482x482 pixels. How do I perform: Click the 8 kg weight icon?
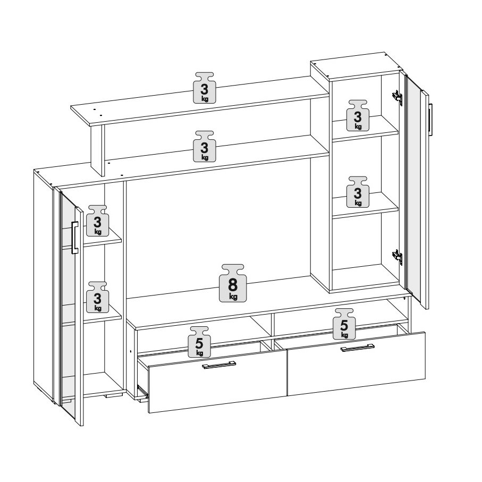pyautogui.click(x=233, y=283)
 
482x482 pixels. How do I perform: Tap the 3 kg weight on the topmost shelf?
pyautogui.click(x=205, y=88)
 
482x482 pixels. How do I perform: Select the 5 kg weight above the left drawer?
pyautogui.click(x=199, y=342)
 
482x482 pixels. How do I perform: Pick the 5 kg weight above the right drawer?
pyautogui.click(x=344, y=324)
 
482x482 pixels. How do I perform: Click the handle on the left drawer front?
pyautogui.click(x=219, y=365)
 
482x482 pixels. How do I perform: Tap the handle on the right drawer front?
pyautogui.click(x=358, y=348)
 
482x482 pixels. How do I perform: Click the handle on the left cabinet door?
pyautogui.click(x=75, y=238)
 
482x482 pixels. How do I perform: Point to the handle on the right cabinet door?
pyautogui.click(x=430, y=119)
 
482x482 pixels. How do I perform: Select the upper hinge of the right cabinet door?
pyautogui.click(x=397, y=97)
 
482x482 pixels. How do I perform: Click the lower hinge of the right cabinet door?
pyautogui.click(x=397, y=257)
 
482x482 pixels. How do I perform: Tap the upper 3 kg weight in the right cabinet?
pyautogui.click(x=358, y=115)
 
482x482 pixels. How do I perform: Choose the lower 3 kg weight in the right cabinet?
pyautogui.click(x=358, y=192)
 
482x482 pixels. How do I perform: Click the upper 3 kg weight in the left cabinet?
pyautogui.click(x=97, y=221)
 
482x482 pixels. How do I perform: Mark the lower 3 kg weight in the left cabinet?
pyautogui.click(x=97, y=297)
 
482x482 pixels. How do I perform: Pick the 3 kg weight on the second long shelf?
pyautogui.click(x=205, y=146)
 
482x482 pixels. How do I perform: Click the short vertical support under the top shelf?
pyautogui.click(x=98, y=150)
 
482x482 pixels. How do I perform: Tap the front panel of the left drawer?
pyautogui.click(x=218, y=382)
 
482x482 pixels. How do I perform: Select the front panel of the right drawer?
pyautogui.click(x=356, y=363)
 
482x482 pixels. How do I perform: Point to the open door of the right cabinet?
pyautogui.click(x=417, y=191)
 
